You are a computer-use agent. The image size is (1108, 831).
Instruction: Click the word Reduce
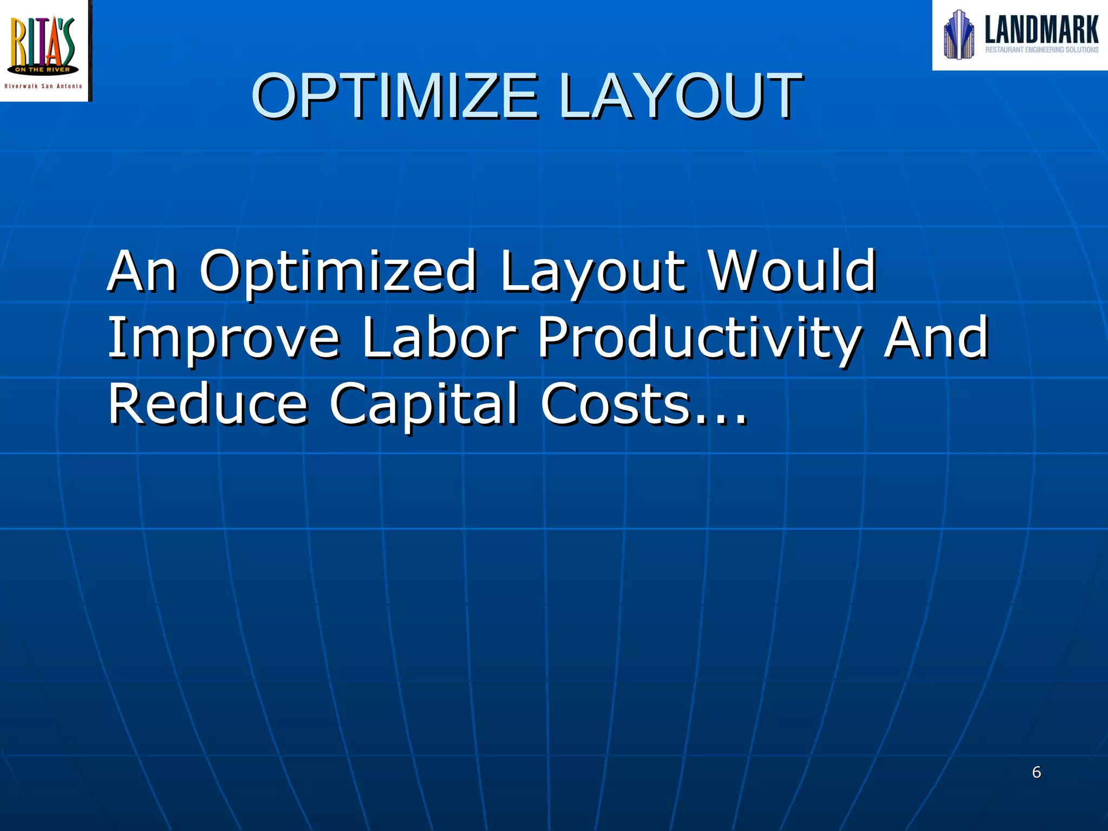pos(208,404)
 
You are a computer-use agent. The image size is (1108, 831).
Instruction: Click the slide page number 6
pos(1037,772)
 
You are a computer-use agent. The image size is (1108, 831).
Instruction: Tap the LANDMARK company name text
pos(1041,29)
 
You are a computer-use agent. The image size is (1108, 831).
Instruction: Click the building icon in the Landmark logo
pos(959,35)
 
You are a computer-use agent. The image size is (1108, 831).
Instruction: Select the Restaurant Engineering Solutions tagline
pos(1041,50)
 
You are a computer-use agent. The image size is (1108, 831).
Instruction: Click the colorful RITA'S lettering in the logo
pos(43,41)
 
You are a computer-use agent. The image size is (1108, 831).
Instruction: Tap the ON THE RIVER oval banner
pos(43,70)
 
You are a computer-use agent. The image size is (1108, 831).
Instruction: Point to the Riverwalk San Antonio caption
pos(43,86)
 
